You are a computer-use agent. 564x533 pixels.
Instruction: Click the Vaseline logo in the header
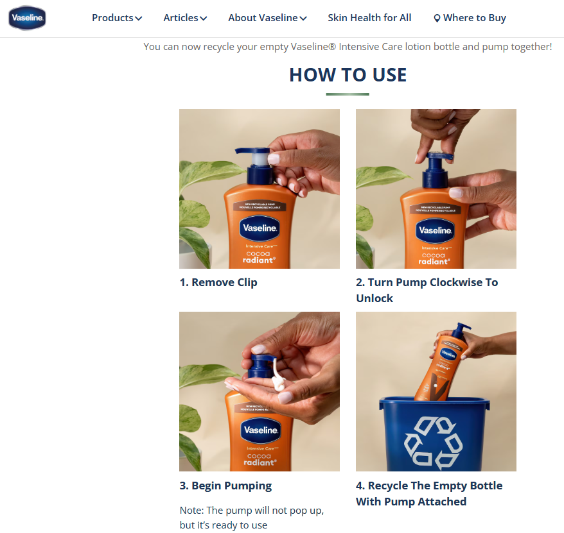pyautogui.click(x=27, y=18)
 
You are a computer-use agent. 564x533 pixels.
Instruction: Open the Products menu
pyautogui.click(x=116, y=18)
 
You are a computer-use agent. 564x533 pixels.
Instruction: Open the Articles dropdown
pyautogui.click(x=184, y=18)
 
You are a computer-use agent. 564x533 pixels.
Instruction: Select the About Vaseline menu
pyautogui.click(x=267, y=18)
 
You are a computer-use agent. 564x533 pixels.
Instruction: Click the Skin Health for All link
pyautogui.click(x=369, y=18)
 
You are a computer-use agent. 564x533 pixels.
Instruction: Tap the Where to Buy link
pyautogui.click(x=474, y=18)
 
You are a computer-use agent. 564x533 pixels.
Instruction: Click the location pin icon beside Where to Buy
pyautogui.click(x=437, y=19)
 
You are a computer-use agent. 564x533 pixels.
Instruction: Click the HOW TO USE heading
pyautogui.click(x=348, y=75)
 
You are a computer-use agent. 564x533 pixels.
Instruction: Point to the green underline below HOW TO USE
pyautogui.click(x=348, y=94)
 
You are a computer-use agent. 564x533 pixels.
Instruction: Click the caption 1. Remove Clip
pyautogui.click(x=218, y=282)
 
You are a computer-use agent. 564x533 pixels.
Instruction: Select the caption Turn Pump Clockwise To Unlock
pyautogui.click(x=427, y=290)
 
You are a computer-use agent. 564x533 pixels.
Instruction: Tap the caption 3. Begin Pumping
pyautogui.click(x=225, y=486)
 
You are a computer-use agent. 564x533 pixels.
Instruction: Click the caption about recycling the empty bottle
pyautogui.click(x=428, y=493)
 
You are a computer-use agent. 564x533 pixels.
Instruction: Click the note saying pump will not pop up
pyautogui.click(x=251, y=518)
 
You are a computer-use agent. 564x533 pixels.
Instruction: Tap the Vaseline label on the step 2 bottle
pyautogui.click(x=436, y=230)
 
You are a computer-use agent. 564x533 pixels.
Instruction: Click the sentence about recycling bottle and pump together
pyautogui.click(x=348, y=47)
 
